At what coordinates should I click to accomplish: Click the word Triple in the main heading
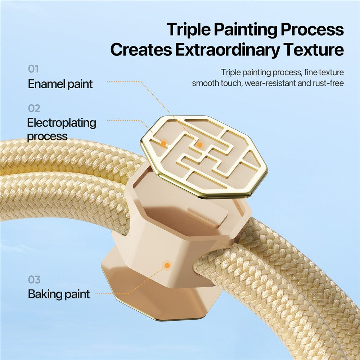[189, 30]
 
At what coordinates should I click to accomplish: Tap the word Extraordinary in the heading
[227, 50]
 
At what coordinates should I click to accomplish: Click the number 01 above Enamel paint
[33, 69]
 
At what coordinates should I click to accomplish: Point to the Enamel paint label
[60, 84]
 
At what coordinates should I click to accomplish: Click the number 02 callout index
[34, 108]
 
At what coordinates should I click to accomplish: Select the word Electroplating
[62, 123]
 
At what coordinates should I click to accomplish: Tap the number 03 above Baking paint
[34, 280]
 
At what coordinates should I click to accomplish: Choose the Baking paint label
[59, 294]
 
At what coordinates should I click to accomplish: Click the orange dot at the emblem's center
[200, 145]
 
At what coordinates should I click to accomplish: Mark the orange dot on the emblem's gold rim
[164, 144]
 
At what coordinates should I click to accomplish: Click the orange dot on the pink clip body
[167, 265]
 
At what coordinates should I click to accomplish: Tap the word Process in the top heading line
[312, 30]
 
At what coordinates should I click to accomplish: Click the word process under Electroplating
[47, 136]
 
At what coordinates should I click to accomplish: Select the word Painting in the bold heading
[246, 30]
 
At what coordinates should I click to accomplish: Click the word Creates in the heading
[141, 50]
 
